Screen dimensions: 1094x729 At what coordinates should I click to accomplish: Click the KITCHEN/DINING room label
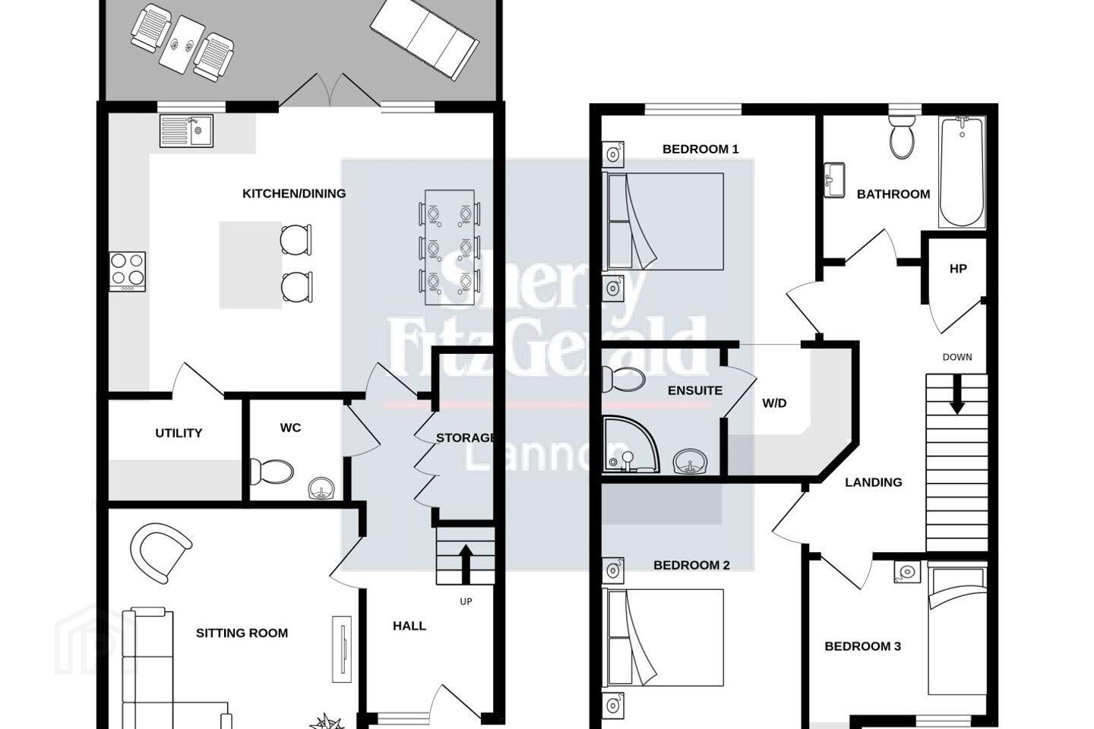pyautogui.click(x=294, y=194)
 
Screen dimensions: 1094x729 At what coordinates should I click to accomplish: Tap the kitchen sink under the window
pyautogui.click(x=186, y=131)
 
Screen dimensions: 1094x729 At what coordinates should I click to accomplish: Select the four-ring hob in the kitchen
pyautogui.click(x=127, y=272)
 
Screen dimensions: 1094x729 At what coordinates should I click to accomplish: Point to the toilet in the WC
pyautogui.click(x=271, y=472)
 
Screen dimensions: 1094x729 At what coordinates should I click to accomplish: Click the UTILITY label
pyautogui.click(x=179, y=433)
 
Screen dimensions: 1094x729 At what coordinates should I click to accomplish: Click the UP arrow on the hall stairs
pyautogui.click(x=466, y=563)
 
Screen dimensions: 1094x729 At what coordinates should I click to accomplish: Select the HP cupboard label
pyautogui.click(x=958, y=269)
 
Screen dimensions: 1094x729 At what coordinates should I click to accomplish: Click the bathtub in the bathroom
pyautogui.click(x=962, y=172)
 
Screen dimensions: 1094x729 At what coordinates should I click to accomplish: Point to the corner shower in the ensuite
pyautogui.click(x=631, y=444)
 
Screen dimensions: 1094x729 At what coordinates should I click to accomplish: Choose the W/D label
pyautogui.click(x=775, y=403)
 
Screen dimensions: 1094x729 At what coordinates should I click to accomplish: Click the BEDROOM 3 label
pyautogui.click(x=862, y=646)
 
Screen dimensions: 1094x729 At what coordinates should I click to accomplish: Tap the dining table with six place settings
pyautogui.click(x=449, y=248)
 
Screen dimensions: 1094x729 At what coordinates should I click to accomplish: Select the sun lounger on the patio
pyautogui.click(x=424, y=38)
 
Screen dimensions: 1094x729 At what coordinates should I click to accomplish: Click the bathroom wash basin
pyautogui.click(x=834, y=180)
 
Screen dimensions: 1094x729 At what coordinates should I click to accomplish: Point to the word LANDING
pyautogui.click(x=874, y=482)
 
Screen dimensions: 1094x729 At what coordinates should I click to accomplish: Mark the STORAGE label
pyautogui.click(x=465, y=438)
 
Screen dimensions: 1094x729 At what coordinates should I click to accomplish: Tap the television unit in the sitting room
pyautogui.click(x=342, y=649)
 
